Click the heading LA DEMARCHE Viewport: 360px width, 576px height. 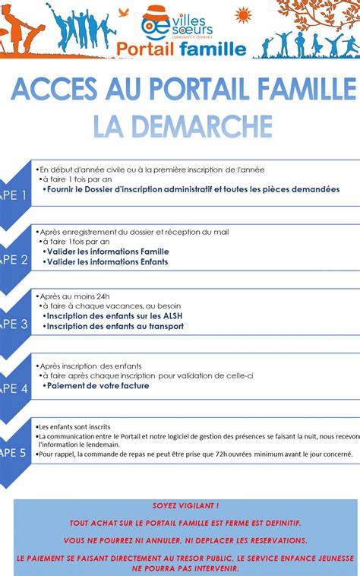182,125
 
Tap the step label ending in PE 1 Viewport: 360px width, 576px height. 14,195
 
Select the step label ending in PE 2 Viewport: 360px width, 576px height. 14,259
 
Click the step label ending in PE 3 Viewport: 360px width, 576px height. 14,324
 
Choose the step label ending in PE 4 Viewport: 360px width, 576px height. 14,388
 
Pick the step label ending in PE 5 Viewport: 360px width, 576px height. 14,453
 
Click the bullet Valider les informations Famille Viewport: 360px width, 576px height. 106,252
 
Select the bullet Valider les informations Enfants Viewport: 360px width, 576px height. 106,262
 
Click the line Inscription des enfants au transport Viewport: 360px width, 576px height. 114,326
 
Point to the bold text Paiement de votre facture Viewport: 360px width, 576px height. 97,385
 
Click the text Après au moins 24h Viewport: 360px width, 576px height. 74,296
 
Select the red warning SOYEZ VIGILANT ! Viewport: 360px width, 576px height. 185,505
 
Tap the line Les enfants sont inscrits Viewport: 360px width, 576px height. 74,427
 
